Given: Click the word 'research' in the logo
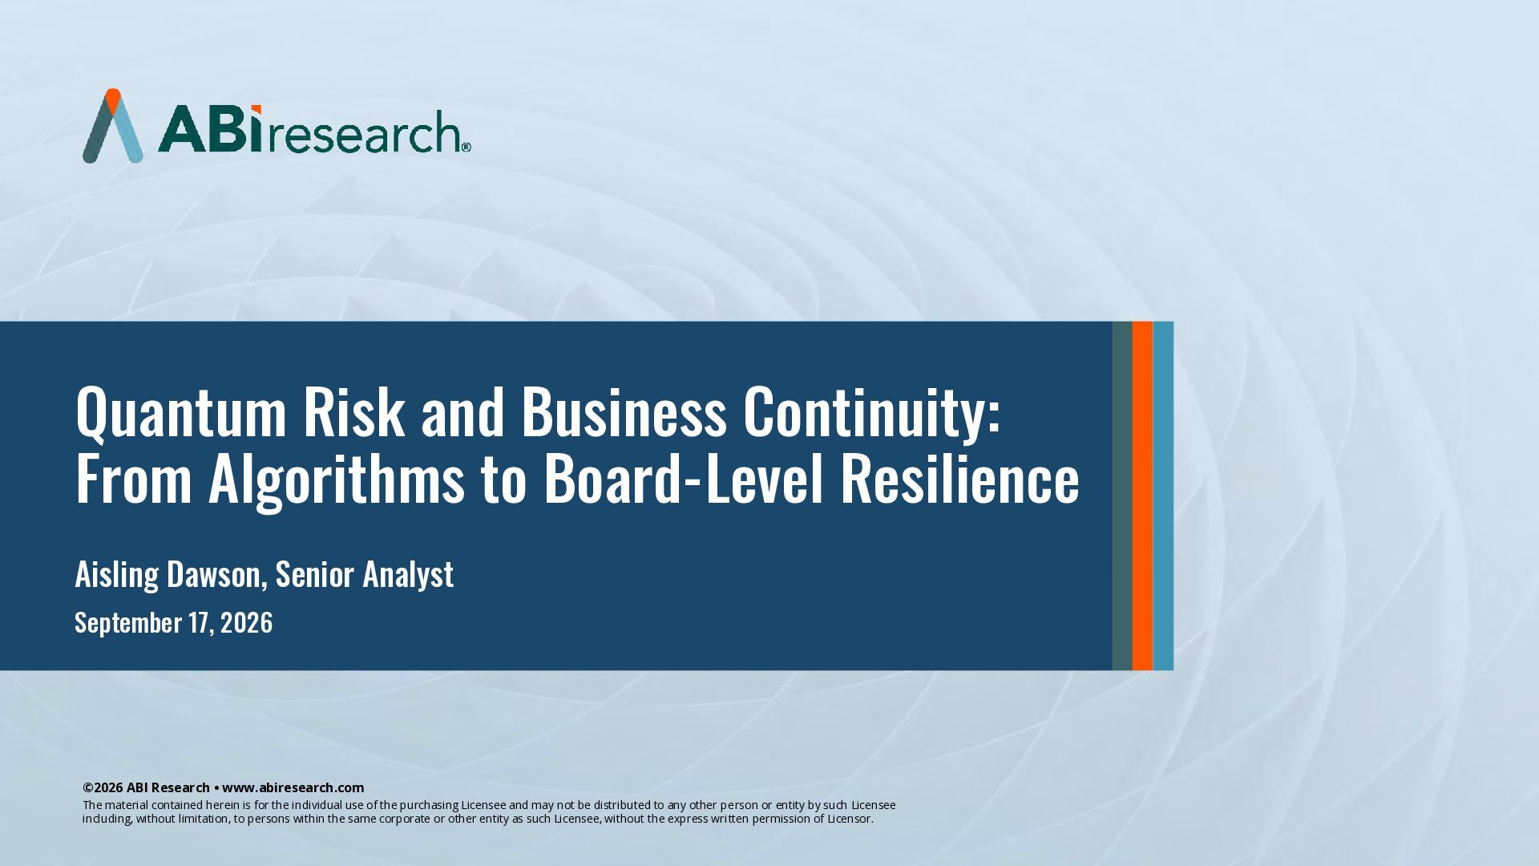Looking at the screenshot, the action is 362,132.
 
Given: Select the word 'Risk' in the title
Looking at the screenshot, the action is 354,411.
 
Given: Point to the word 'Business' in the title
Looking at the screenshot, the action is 624,411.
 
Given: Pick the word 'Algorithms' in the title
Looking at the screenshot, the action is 337,480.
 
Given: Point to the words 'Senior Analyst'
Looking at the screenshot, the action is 364,575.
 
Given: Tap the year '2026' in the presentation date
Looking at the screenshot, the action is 246,622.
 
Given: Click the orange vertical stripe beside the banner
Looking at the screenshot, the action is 1142,496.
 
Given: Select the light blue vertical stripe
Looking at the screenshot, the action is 1163,496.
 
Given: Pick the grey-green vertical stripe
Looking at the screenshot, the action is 1122,496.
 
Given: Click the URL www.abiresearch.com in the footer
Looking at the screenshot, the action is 293,787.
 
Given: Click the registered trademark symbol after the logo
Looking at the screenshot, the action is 466,147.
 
